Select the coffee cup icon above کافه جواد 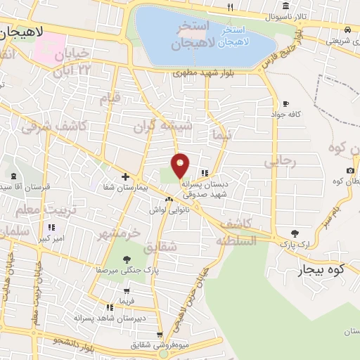tap(285, 103)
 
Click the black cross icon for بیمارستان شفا tap(125, 176)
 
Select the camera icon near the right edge tap(350, 171)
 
